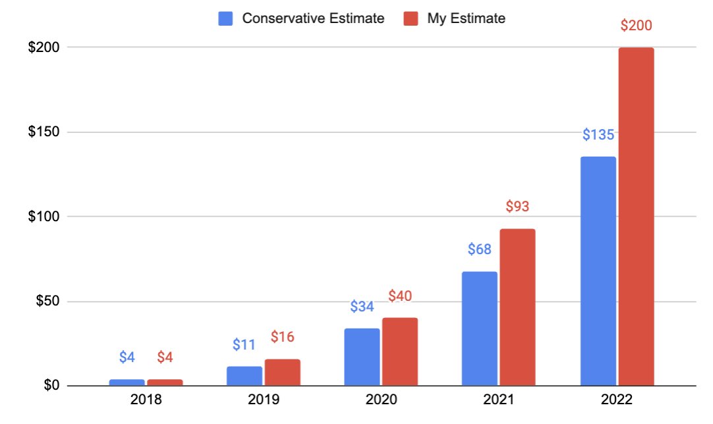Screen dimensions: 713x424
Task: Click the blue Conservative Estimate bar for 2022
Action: click(x=598, y=271)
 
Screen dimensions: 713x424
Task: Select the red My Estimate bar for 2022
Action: click(x=636, y=217)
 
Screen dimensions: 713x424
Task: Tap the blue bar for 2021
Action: click(x=479, y=329)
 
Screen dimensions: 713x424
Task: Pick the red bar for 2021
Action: click(x=517, y=307)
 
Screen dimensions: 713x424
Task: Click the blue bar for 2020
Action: click(x=362, y=358)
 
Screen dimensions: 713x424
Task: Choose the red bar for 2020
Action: click(x=400, y=352)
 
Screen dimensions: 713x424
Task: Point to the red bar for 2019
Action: click(x=283, y=373)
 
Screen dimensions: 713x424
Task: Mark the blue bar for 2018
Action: click(x=127, y=383)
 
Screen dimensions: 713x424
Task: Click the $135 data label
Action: click(x=598, y=134)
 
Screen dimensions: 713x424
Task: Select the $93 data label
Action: click(x=517, y=206)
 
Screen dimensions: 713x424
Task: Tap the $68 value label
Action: click(x=480, y=249)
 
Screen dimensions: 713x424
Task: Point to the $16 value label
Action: click(x=283, y=336)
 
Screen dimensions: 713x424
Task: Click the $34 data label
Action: click(x=362, y=306)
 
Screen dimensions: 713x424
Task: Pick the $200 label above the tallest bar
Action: click(x=636, y=26)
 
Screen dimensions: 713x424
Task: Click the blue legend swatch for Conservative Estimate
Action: click(x=225, y=18)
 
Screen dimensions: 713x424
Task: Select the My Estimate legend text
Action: click(x=466, y=18)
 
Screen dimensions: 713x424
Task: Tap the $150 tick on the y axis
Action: click(x=43, y=131)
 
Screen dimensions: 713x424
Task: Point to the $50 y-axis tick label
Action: click(x=47, y=301)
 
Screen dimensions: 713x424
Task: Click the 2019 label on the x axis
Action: click(x=264, y=400)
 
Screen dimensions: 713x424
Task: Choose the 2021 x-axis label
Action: click(x=498, y=400)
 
